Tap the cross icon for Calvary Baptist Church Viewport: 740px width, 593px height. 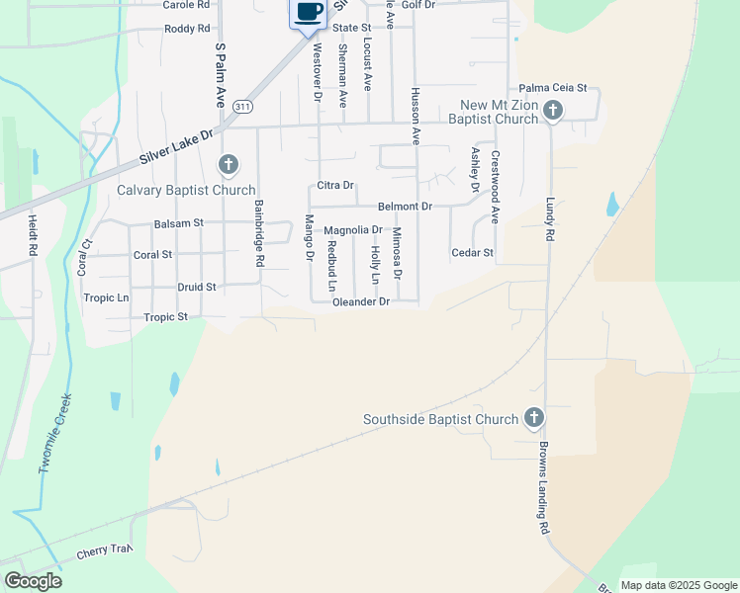click(229, 164)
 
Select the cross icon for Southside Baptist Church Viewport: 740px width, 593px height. click(534, 418)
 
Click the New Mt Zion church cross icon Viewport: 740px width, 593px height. click(553, 110)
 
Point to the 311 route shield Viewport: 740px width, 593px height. click(243, 106)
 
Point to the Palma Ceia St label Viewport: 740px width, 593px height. click(553, 88)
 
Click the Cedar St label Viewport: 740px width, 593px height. click(472, 253)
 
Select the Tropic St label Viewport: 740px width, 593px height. click(165, 317)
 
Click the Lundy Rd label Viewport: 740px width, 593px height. click(550, 218)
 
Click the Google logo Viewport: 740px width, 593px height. click(34, 581)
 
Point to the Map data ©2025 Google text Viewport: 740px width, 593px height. click(679, 585)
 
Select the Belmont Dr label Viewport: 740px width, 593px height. click(405, 207)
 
